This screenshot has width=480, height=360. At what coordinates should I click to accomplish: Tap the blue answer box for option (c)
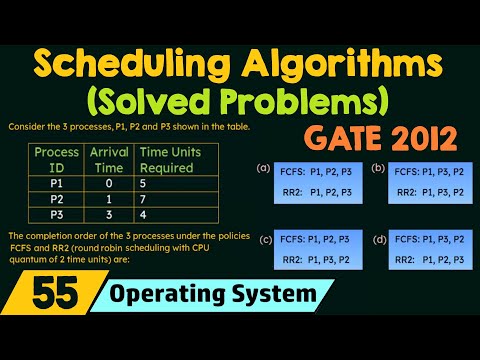point(313,251)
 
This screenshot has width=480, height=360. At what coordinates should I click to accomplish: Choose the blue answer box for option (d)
point(425,251)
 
